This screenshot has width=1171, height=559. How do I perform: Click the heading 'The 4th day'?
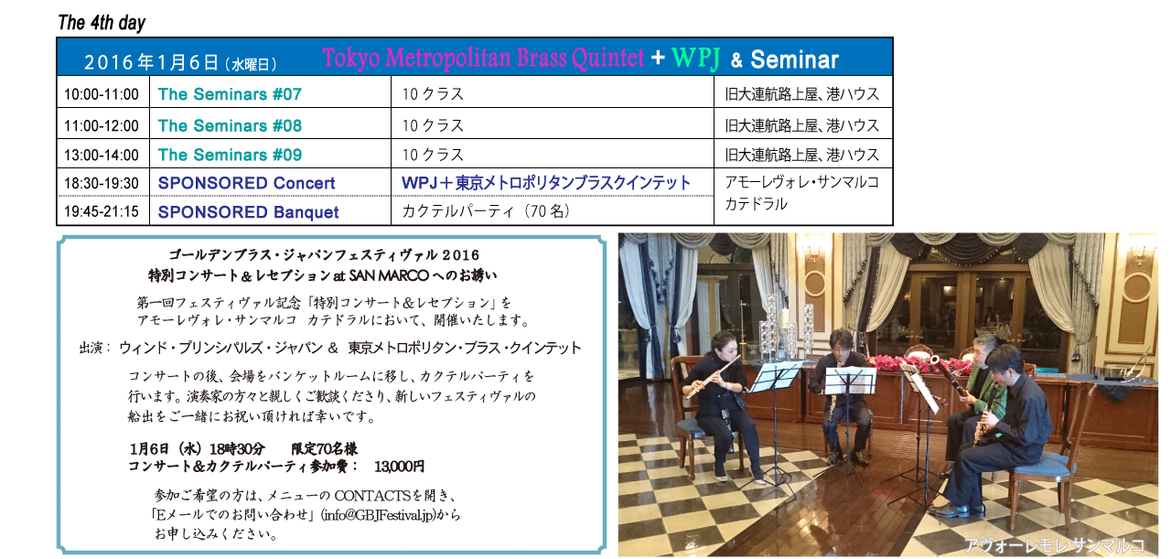point(102,23)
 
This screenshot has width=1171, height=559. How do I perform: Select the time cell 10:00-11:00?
point(102,94)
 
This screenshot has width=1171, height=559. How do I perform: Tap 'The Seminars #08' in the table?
point(230,125)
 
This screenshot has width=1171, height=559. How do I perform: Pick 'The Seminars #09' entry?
point(230,155)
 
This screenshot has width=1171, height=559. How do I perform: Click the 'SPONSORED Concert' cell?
point(247,183)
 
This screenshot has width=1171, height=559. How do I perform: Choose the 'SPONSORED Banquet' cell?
point(248,211)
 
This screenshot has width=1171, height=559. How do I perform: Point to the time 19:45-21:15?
point(102,211)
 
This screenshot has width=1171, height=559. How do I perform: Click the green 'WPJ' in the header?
point(696,58)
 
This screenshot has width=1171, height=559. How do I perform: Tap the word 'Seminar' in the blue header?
point(795,59)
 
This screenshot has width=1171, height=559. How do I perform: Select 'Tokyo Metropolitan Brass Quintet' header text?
point(484,58)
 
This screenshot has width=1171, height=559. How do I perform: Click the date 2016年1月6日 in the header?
point(151,63)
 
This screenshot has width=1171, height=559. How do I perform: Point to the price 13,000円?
point(399,466)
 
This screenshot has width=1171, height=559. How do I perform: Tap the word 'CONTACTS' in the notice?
point(372,495)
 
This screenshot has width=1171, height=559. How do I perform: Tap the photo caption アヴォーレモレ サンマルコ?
point(1055,545)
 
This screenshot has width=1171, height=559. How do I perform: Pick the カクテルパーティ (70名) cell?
point(486,211)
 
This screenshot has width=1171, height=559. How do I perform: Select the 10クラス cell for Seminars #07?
point(433,94)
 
